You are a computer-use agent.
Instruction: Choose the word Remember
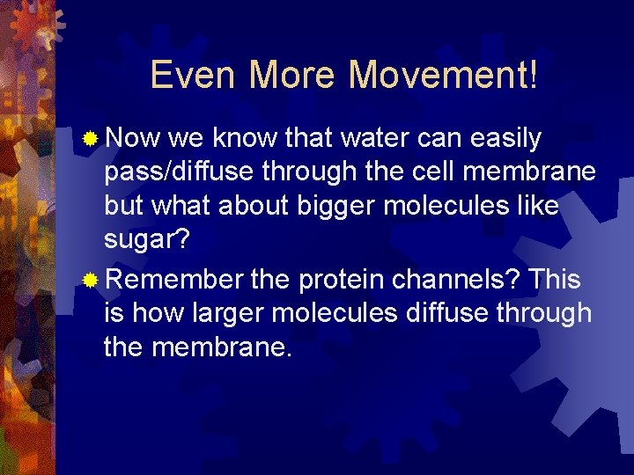pyautogui.click(x=173, y=280)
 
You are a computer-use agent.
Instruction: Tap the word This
pyautogui.click(x=556, y=280)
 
